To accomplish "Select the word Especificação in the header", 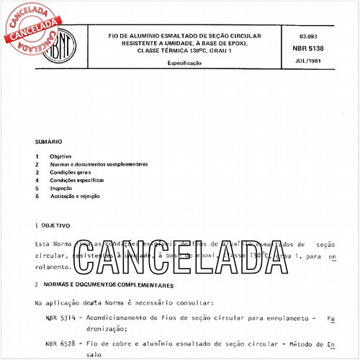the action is pos(184,63).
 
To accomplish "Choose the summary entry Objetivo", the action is pos(60,156).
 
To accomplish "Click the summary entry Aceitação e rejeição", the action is pos(74,196).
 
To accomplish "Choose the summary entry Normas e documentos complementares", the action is pos(99,164).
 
